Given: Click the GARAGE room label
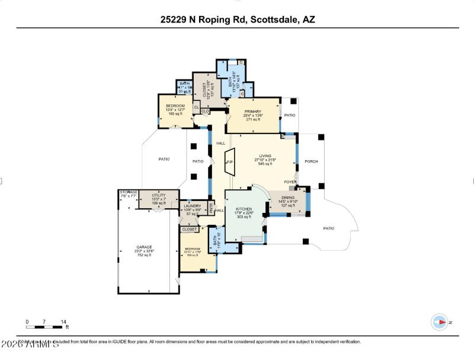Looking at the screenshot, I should tap(145, 247).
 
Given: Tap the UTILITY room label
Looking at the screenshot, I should tap(158, 195).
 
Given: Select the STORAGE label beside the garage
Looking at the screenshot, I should tap(129, 192).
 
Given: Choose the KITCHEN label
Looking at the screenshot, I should tap(244, 209).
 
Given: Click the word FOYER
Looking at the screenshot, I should tap(290, 182).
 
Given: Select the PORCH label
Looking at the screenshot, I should tap(311, 161).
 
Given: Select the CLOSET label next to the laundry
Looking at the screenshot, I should tap(190, 229).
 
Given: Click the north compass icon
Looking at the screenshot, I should tap(440, 322).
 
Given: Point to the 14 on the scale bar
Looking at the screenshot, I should tap(63, 321).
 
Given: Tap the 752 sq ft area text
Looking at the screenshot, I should tap(145, 255).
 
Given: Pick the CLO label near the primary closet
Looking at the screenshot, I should tap(205, 111).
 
